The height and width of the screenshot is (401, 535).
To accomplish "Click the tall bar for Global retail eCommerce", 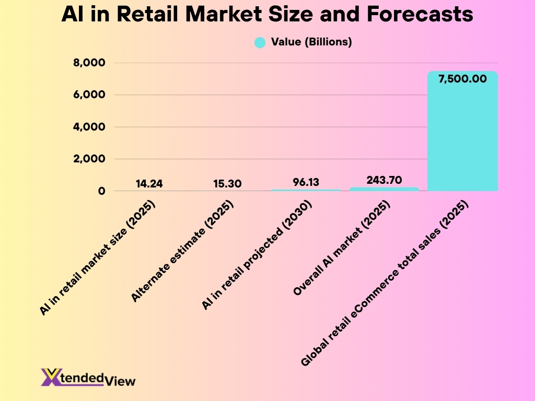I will pos(462,136).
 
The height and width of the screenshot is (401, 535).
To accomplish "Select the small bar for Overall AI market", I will pos(384,189).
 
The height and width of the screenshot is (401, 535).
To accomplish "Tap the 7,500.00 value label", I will pos(462,79).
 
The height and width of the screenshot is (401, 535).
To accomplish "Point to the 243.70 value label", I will pos(384,180).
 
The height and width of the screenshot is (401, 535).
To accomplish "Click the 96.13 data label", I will pos(306,182).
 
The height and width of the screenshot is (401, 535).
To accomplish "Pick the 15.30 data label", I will pos(227,184).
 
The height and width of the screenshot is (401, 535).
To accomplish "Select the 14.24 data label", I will pos(149,184).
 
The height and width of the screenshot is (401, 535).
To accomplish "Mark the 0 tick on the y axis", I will pos(101,191).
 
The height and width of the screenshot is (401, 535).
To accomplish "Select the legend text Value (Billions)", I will pos(311,42).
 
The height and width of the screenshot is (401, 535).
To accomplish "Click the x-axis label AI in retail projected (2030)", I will pos(257,255).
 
